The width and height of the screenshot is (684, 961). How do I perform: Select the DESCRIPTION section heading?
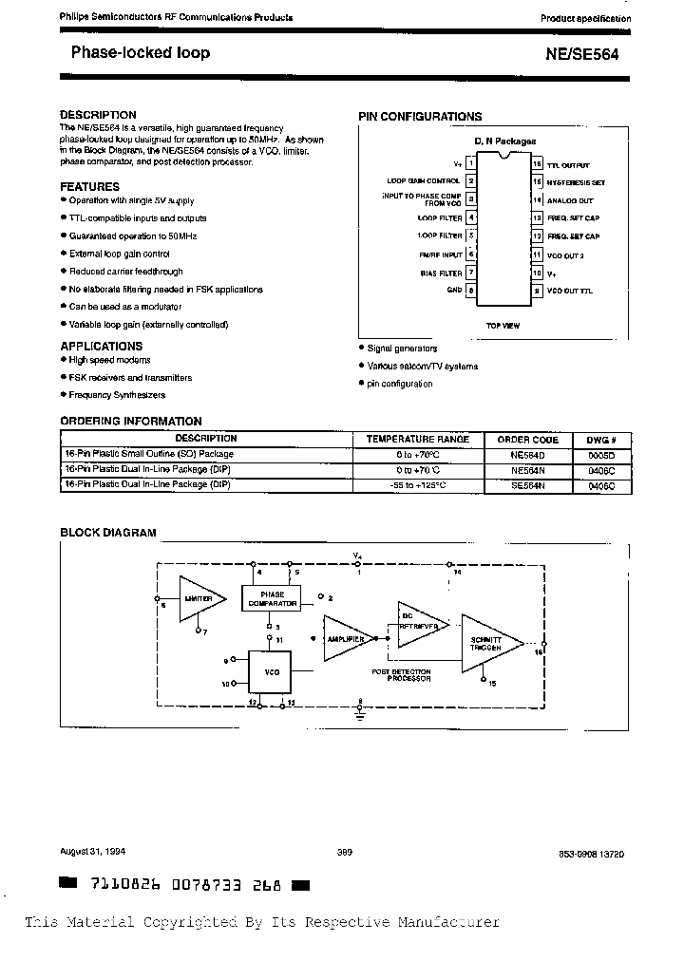[98, 115]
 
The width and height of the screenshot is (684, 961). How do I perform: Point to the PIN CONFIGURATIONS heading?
[419, 117]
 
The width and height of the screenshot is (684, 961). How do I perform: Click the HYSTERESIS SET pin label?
[576, 182]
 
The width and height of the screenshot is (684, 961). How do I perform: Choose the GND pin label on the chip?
[453, 291]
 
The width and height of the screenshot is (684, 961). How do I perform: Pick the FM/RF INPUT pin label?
[440, 254]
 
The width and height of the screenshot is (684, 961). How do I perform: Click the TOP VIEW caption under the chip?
[503, 326]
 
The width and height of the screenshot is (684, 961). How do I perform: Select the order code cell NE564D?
[527, 454]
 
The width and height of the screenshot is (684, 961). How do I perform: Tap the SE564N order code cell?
[527, 484]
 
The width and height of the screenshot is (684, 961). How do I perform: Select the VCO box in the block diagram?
[271, 670]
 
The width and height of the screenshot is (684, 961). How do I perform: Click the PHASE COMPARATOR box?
[272, 598]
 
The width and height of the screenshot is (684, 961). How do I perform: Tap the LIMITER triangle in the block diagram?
[199, 599]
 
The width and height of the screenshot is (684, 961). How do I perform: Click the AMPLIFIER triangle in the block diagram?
[344, 640]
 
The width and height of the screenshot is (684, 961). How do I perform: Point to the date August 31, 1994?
[92, 852]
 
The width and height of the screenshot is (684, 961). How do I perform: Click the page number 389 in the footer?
[344, 852]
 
